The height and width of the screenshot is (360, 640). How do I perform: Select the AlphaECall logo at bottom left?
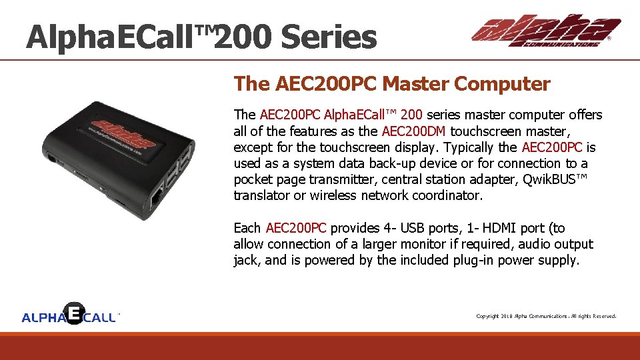pyautogui.click(x=70, y=314)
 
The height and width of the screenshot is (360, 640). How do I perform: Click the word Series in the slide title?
pyautogui.click(x=328, y=37)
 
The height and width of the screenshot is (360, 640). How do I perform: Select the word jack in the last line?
pyautogui.click(x=247, y=260)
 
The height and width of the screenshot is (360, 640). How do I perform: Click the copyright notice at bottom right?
pyautogui.click(x=546, y=316)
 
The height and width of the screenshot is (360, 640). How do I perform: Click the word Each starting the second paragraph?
pyautogui.click(x=247, y=228)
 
